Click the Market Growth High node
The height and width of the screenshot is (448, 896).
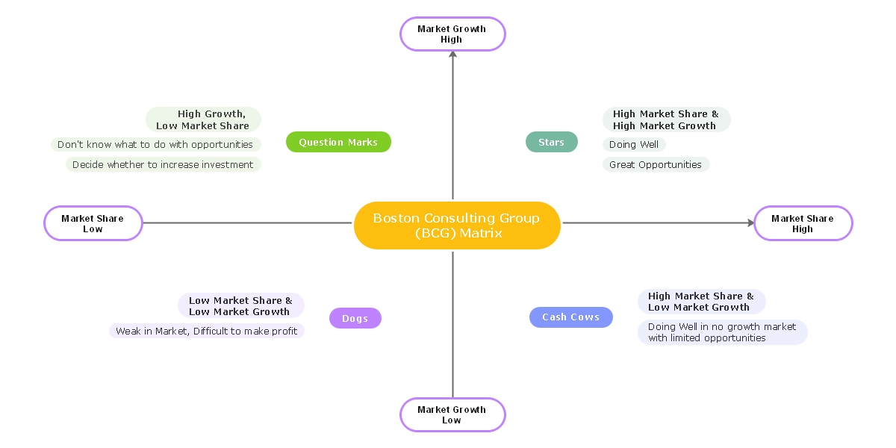[x=452, y=34]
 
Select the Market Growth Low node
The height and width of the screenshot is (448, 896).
[x=452, y=414]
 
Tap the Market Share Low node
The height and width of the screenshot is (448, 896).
[x=93, y=223]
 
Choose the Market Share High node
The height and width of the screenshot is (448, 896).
[x=803, y=223]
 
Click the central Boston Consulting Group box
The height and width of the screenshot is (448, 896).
[x=456, y=225]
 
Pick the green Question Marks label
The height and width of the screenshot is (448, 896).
[x=338, y=142]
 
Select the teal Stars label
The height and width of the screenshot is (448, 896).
[x=551, y=142]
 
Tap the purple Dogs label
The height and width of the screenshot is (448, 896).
[x=355, y=318]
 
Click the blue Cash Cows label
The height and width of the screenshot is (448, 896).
[x=570, y=317]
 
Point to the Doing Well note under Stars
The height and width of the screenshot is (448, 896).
[x=633, y=145]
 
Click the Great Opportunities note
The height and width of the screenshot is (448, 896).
[x=655, y=164]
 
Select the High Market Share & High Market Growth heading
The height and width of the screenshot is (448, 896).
[x=665, y=119]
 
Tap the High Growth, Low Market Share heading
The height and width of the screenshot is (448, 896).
[x=203, y=119]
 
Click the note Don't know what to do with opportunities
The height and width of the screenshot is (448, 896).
[x=155, y=145]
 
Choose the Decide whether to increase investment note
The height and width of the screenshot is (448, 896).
[x=163, y=164]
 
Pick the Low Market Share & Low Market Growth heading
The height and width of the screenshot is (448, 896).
[x=240, y=305]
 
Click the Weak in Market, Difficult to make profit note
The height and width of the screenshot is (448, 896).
[x=206, y=331]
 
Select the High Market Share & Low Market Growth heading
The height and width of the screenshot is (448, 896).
[x=700, y=301]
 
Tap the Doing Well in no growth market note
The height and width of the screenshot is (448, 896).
[x=722, y=332]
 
